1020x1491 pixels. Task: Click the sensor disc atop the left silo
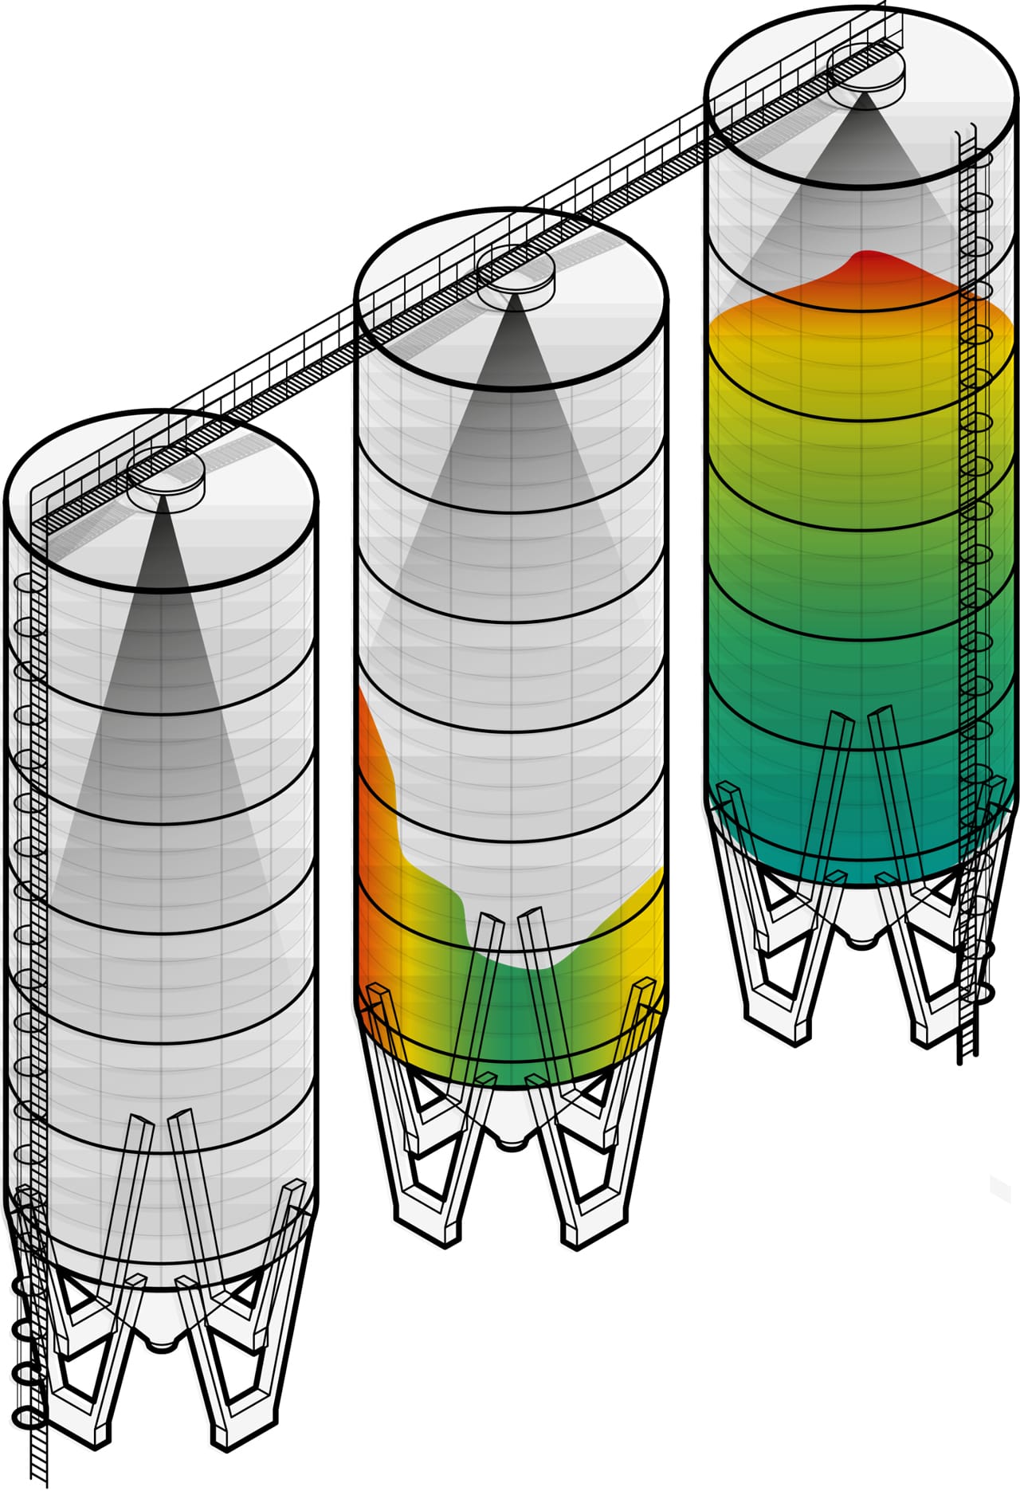[166, 476]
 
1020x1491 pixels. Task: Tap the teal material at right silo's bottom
[861, 845]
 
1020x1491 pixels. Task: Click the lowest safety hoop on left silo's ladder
[29, 1418]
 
